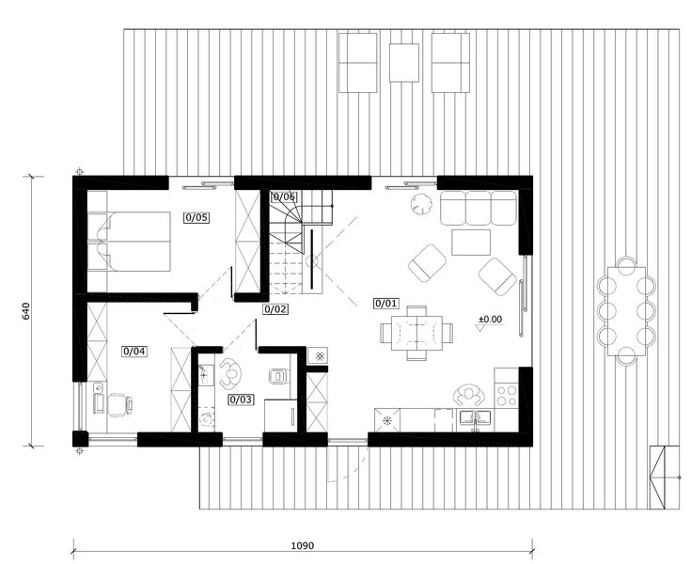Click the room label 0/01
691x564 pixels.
pos(386,304)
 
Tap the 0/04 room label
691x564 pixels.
pos(134,352)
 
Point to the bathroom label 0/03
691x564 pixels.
pos(241,399)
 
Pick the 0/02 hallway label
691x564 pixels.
pos(275,308)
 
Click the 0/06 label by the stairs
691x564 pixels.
pos(283,197)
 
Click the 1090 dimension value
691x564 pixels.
pos(302,546)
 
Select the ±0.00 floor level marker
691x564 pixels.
pos(490,320)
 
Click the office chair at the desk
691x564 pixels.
pos(117,404)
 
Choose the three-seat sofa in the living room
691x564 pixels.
pos(479,209)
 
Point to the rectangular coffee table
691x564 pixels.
pos(470,243)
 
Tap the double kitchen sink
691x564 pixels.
pos(475,417)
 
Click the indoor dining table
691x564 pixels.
pos(415,332)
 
